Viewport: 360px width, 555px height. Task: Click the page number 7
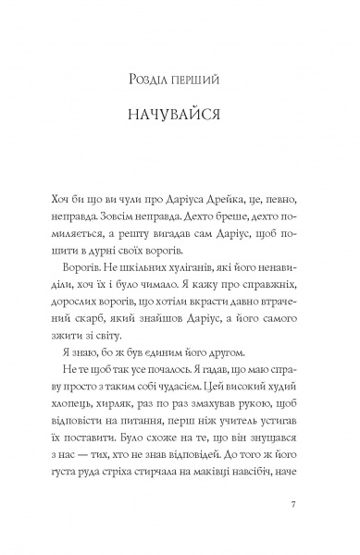click(x=292, y=530)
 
